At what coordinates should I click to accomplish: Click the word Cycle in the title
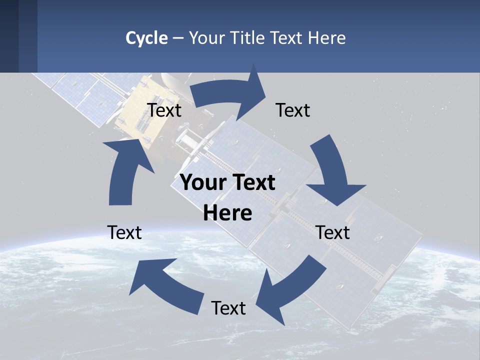(146, 38)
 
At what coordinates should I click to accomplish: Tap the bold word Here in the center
(227, 213)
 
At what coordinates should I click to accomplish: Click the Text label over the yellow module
(164, 110)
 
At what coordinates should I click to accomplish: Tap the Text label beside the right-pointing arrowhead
(293, 110)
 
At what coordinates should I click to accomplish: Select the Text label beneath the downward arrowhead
(333, 232)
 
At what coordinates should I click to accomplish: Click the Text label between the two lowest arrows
(228, 308)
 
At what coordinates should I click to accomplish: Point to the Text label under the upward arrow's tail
(124, 232)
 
